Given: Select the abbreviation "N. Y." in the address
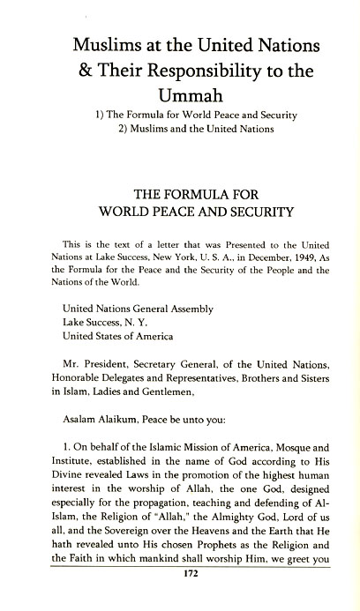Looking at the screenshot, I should [135, 323].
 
